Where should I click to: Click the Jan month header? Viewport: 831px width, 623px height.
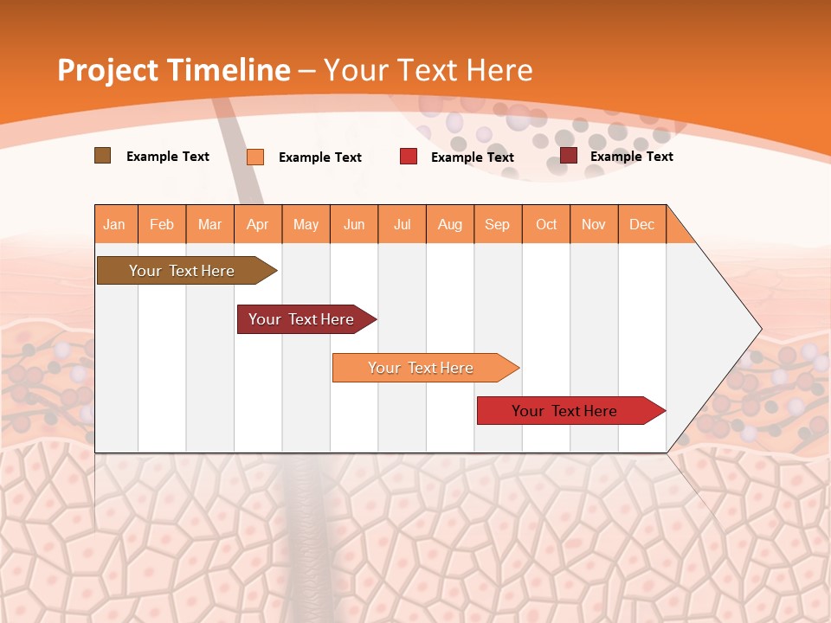point(114,224)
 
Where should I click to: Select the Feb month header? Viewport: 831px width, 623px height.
point(162,224)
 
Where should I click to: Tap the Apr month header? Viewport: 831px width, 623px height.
point(257,224)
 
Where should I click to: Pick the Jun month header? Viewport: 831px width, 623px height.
point(354,224)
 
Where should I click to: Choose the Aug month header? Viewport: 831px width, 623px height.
point(449,224)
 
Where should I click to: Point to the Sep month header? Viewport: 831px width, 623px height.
point(497,224)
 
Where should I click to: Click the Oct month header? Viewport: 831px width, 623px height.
point(546,224)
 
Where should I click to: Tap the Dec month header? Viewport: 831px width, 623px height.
point(641,224)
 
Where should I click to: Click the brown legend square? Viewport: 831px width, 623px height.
point(102,156)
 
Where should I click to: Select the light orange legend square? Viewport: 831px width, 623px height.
point(255,157)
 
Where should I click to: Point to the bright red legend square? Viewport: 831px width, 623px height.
point(409,157)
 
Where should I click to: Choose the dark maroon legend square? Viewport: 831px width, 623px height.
point(569,156)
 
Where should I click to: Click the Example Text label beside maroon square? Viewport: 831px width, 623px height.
point(631,156)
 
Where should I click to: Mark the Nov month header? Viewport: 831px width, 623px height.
point(594,224)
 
